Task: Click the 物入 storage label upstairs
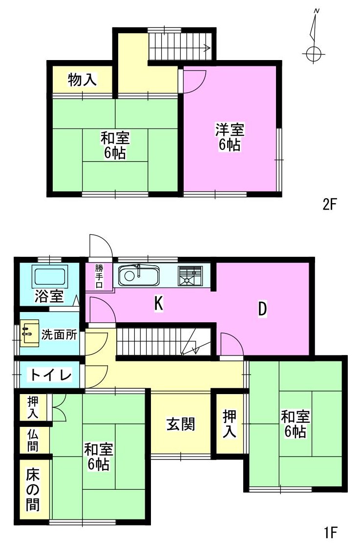pos(82,80)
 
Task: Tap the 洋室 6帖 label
pos(230,137)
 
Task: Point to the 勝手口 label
pos(99,276)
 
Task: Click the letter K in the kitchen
pos(158,304)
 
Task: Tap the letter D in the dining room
pos(262,309)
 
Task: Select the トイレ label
pos(51,375)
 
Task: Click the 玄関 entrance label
pos(181,424)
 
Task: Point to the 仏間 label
pos(33,439)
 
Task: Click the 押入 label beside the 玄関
pos(230,424)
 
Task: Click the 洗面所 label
pos(59,335)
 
